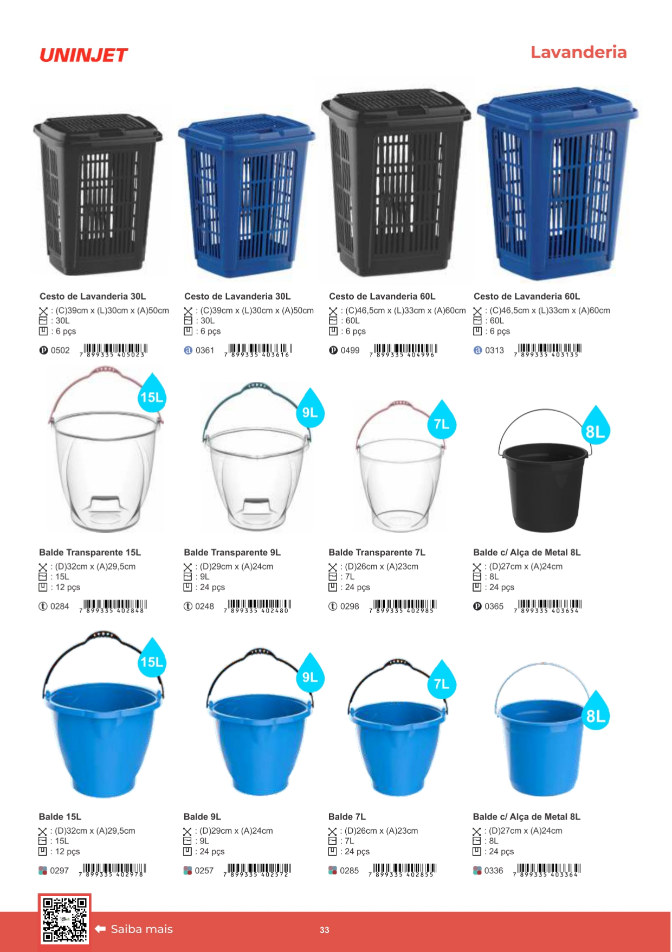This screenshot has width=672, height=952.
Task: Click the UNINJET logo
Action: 83,55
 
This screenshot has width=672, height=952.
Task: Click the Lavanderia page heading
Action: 578,52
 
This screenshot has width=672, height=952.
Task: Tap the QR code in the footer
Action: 64,919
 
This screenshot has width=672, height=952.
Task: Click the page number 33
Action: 325,930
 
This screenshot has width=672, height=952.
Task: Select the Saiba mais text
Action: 142,929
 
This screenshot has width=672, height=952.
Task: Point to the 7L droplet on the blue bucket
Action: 442,680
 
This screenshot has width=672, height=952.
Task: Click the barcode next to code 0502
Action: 113,350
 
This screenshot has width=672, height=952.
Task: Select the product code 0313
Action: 494,350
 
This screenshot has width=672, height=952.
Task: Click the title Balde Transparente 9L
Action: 232,552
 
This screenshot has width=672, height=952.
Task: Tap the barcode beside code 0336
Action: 547,870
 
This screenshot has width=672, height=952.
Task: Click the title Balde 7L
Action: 347,816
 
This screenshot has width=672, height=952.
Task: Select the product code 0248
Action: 204,606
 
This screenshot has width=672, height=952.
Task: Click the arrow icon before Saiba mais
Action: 100,929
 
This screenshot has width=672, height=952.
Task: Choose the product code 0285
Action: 350,871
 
